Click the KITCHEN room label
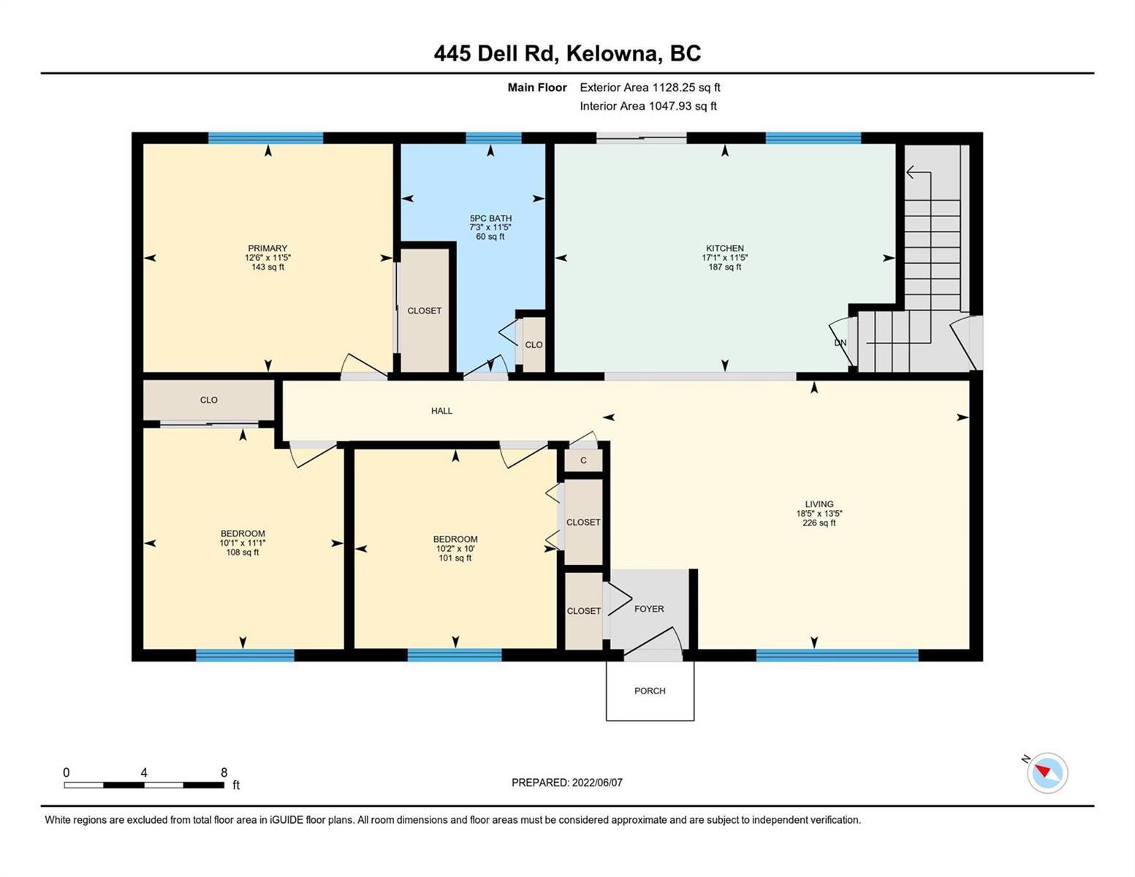click(724, 248)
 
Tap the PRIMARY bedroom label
click(267, 248)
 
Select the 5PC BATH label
click(490, 219)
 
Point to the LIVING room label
click(819, 504)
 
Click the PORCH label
click(650, 691)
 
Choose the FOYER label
click(649, 609)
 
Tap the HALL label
click(442, 411)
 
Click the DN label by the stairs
click(840, 343)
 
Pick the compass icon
click(1047, 772)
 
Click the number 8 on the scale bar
click(224, 772)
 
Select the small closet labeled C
click(583, 460)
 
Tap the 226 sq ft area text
click(819, 523)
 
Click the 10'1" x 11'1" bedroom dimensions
click(243, 543)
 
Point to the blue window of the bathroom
click(493, 138)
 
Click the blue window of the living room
click(837, 655)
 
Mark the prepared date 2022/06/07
click(597, 783)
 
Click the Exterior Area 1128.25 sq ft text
click(650, 87)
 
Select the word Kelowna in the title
click(612, 53)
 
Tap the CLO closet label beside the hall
click(208, 400)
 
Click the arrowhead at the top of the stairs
click(909, 172)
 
